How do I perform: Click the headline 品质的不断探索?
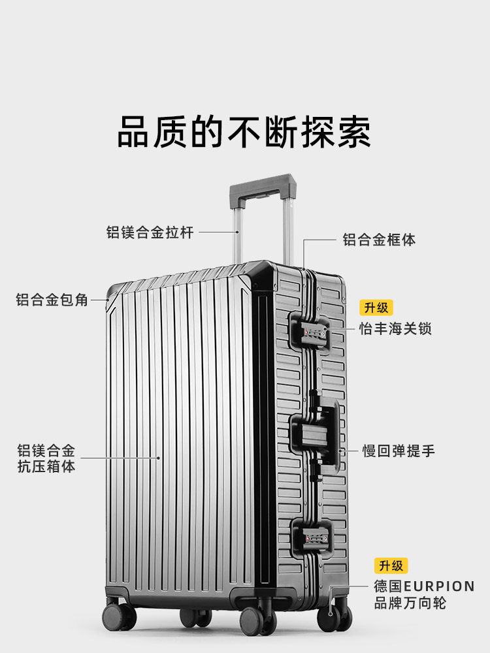point(244,132)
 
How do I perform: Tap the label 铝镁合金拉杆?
point(150,232)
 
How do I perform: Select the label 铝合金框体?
point(379,240)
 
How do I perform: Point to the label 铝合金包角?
point(52,300)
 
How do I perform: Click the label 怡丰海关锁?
point(395,328)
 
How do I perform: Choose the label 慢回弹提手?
point(399,451)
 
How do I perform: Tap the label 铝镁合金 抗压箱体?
point(46,458)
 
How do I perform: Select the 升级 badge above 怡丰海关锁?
point(376,308)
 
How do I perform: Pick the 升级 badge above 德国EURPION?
point(391,565)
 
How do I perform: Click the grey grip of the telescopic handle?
point(261,186)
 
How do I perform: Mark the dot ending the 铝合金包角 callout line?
point(110,300)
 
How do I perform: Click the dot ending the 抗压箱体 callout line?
point(158,458)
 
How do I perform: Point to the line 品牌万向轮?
point(410,603)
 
